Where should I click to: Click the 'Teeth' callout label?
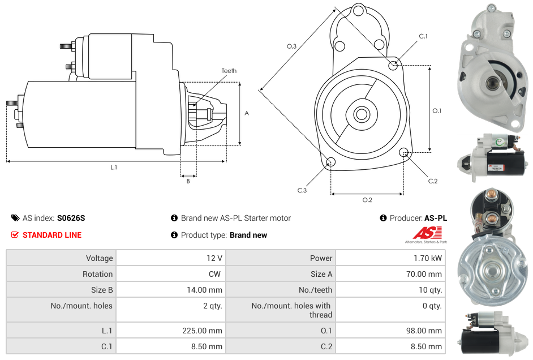pyautogui.click(x=229, y=71)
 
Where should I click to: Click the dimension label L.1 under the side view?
pyautogui.click(x=114, y=167)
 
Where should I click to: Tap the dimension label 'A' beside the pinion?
pyautogui.click(x=247, y=113)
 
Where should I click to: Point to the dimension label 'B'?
pyautogui.click(x=188, y=181)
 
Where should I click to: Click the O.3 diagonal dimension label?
pyautogui.click(x=291, y=46)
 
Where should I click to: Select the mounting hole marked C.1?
pyautogui.click(x=393, y=66)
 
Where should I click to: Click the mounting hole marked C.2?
pyautogui.click(x=404, y=152)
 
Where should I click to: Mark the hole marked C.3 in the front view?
pyautogui.click(x=331, y=163)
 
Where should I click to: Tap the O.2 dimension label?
pyautogui.click(x=367, y=200)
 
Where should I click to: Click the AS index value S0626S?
pyautogui.click(x=71, y=218)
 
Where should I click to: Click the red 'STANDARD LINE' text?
pyautogui.click(x=52, y=235)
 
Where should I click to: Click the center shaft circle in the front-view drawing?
pyautogui.click(x=361, y=114)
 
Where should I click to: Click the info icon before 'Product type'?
pyautogui.click(x=174, y=235)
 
